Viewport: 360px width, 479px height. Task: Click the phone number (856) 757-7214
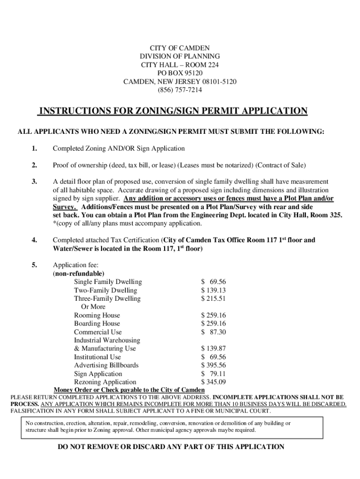pos(180,90)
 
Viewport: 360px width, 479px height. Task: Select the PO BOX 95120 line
pos(180,73)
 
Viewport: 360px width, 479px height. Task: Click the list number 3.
pos(35,181)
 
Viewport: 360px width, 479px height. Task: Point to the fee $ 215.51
pos(214,298)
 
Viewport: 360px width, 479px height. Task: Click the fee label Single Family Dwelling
pos(108,282)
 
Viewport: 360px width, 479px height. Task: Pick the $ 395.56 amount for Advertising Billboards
pos(214,365)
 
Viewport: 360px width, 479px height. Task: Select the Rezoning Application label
pos(105,382)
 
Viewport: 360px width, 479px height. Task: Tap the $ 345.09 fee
pos(214,382)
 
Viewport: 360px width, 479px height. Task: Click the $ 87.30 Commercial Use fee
pos(214,332)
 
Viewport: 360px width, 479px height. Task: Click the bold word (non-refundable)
pos(79,273)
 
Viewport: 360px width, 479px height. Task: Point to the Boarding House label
pos(97,324)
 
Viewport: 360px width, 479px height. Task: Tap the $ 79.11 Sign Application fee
pos(214,374)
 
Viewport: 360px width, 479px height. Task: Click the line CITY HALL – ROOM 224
pos(180,65)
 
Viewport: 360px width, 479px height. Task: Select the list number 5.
pos(35,265)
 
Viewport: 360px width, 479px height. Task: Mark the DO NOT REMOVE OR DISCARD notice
pos(171,447)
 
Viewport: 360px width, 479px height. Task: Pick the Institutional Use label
pos(97,357)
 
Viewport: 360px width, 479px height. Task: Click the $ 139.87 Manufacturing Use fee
pos(214,348)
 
